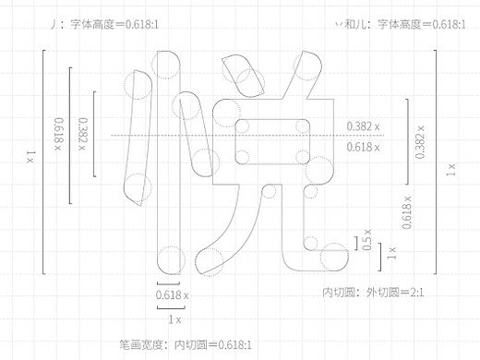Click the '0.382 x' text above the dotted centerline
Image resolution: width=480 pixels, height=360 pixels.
tap(366, 126)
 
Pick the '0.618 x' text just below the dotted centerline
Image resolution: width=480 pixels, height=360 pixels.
tap(366, 147)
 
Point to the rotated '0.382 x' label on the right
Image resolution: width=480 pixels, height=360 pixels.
tap(420, 140)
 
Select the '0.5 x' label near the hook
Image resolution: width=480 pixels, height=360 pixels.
tap(367, 244)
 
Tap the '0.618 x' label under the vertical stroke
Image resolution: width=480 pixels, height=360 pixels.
tap(173, 294)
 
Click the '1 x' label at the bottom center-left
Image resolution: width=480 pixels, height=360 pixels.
tap(173, 317)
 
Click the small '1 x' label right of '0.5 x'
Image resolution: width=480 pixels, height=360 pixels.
tap(392, 250)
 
